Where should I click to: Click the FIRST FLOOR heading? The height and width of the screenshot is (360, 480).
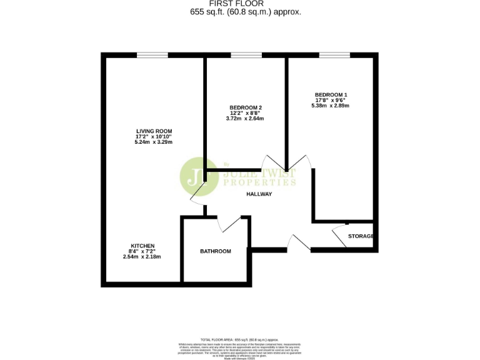tap(241, 4)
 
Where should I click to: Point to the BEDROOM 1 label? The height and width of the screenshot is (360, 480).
tap(331, 94)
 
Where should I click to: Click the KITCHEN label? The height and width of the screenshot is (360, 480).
tap(142, 246)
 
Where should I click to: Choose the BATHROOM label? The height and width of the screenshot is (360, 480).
tap(216, 251)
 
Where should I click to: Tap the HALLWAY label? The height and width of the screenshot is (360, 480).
tap(259, 194)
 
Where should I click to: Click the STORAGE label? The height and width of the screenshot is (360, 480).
tap(361, 236)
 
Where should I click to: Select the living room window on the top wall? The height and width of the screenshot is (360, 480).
tap(152, 55)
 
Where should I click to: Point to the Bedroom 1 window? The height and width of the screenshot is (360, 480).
tap(334, 55)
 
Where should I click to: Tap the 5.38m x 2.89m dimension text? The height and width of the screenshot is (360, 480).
tap(331, 106)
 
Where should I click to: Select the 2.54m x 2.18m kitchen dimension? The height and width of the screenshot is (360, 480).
tap(142, 257)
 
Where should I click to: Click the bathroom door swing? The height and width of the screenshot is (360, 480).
tap(228, 222)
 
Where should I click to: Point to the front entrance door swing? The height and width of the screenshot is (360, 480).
tap(300, 242)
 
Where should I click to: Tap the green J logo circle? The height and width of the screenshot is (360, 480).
tap(196, 175)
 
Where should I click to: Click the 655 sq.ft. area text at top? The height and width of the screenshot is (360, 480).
tap(241, 12)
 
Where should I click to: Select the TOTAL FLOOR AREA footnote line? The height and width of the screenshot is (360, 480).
tap(241, 338)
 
